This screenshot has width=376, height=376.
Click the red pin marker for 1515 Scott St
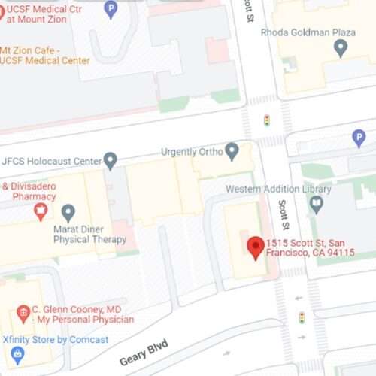pyautogui.click(x=255, y=247)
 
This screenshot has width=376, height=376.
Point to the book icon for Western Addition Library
pyautogui.click(x=316, y=203)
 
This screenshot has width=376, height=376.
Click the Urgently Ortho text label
pyautogui.click(x=192, y=153)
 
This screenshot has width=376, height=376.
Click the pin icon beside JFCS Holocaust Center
pyautogui.click(x=111, y=160)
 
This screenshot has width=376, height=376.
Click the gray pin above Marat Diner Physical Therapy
pyautogui.click(x=68, y=212)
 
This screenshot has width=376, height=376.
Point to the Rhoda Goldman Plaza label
pyautogui.click(x=308, y=32)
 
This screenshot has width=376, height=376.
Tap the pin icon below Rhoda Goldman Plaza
pyautogui.click(x=341, y=49)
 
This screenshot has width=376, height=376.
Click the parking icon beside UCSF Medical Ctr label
pyautogui.click(x=111, y=10)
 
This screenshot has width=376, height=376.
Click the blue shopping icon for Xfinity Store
pyautogui.click(x=17, y=354)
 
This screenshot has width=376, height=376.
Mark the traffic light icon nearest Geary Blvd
pyautogui.click(x=302, y=317)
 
